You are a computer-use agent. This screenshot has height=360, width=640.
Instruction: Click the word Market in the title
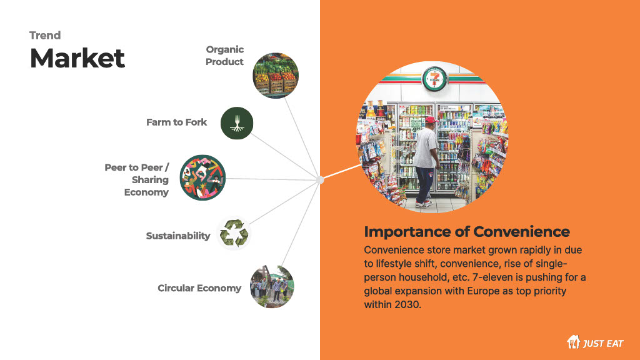77,58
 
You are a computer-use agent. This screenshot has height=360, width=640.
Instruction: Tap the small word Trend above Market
45,36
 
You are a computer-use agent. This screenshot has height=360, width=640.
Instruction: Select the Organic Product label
224,56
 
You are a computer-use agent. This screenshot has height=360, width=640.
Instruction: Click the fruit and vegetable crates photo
276,76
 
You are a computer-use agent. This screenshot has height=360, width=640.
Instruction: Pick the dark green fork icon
237,123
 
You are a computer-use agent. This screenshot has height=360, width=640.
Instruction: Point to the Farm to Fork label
176,122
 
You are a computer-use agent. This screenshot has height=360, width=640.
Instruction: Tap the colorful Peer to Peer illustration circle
202,177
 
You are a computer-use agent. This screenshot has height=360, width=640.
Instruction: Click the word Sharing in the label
150,179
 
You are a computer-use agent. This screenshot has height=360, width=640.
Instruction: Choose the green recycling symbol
234,234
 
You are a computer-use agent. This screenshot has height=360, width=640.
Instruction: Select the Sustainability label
178,236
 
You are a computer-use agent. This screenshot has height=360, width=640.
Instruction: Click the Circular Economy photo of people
272,286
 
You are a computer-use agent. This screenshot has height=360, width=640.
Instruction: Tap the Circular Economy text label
199,288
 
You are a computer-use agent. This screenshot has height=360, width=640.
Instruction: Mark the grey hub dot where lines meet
321,179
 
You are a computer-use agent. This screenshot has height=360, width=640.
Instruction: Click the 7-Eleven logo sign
434,79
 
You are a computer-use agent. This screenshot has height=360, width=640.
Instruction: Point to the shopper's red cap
431,120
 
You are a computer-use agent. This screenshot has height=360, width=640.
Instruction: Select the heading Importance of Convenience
466,231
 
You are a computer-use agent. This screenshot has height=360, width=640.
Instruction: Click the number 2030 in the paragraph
407,304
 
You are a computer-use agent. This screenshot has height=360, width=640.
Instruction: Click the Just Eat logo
595,342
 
